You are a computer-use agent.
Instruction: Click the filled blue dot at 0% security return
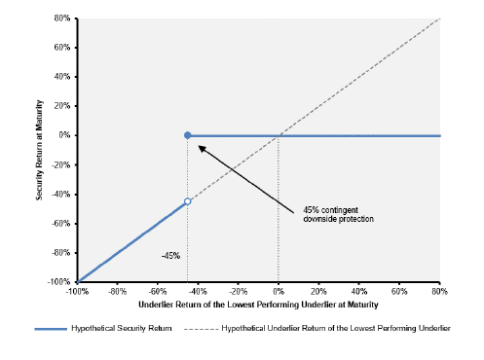coord(187,135)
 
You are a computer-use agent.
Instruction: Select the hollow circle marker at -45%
coord(187,201)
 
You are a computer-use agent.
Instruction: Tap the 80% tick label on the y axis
coord(62,18)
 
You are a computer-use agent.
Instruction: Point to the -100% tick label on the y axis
coord(58,282)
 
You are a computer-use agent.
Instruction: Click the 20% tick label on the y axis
coord(62,106)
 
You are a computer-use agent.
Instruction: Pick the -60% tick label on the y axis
coord(60,223)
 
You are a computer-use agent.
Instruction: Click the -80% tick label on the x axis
coord(117,291)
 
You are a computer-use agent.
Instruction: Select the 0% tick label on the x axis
coord(279,291)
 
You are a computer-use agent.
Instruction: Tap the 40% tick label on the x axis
coord(358,291)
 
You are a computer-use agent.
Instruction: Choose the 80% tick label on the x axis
coord(439,291)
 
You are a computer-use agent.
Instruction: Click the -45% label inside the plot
coord(170,256)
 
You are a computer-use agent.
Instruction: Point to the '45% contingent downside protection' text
coord(338,214)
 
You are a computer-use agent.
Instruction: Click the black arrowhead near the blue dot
coord(202,149)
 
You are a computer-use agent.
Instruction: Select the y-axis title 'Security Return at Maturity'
coord(39,150)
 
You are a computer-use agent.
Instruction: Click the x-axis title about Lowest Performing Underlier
coord(258,305)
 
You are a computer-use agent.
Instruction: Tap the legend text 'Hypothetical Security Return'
coord(122,328)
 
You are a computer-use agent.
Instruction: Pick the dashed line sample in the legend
coord(201,329)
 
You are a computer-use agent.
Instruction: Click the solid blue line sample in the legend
coord(51,329)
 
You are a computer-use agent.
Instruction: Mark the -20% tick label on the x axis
coord(238,291)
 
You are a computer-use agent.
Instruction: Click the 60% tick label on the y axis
coord(62,48)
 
